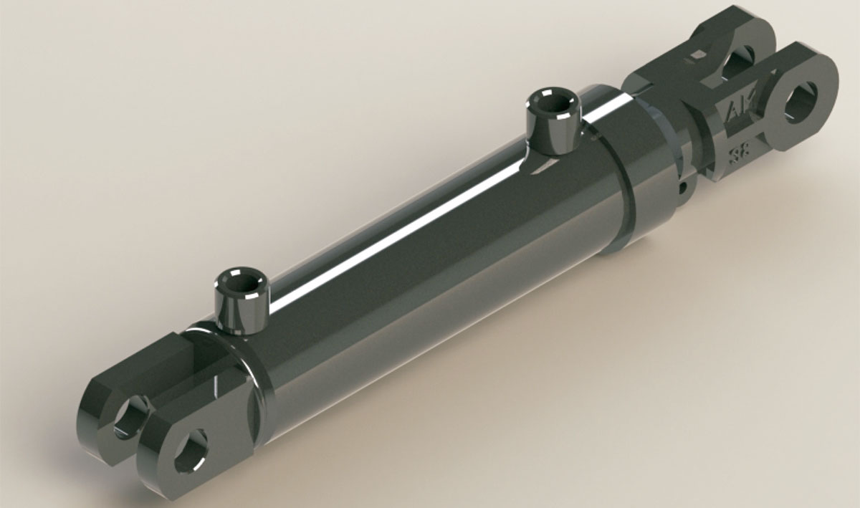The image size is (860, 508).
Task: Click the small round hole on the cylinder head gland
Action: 683,188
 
